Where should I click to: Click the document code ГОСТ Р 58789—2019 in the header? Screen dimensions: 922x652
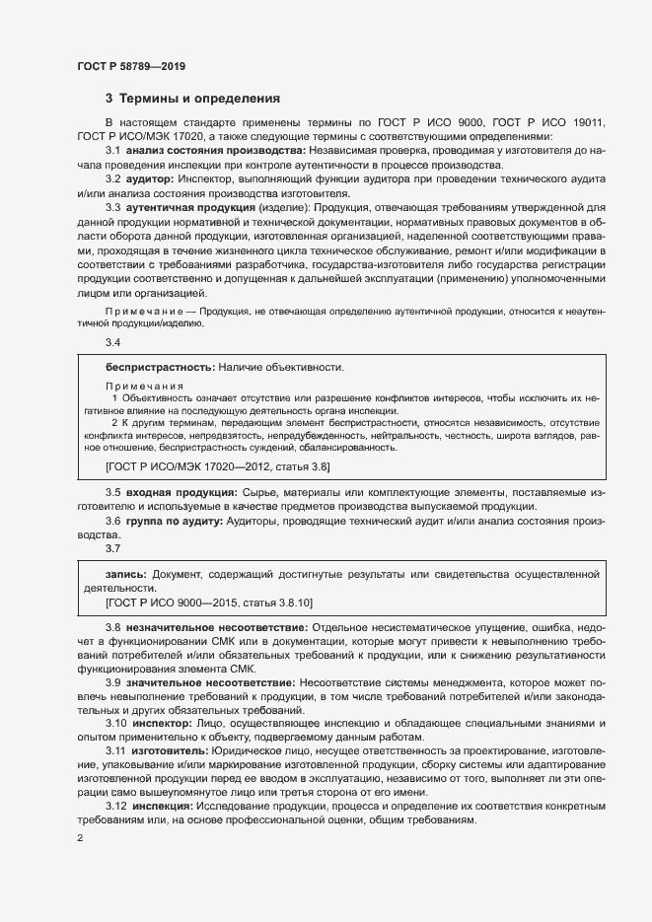point(130,66)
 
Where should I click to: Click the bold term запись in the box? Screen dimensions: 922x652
point(126,573)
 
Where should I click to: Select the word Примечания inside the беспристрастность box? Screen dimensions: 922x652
point(144,385)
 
